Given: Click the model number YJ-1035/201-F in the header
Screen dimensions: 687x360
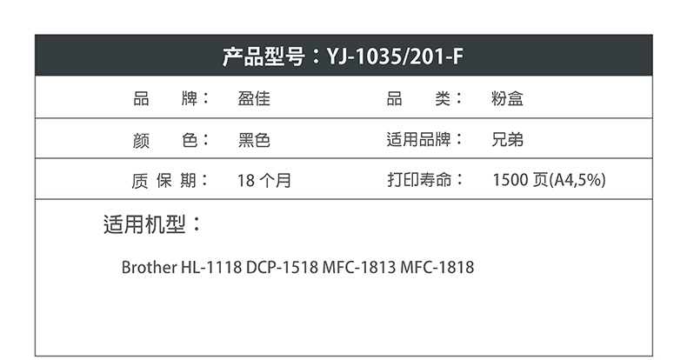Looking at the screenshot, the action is coord(395,57).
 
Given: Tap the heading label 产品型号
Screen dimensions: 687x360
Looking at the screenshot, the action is coord(263,57).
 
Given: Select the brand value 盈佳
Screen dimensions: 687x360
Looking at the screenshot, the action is coord(254,98).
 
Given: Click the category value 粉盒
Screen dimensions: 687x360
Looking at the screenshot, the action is coord(507,98).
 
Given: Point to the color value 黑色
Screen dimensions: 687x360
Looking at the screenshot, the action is coord(254,140).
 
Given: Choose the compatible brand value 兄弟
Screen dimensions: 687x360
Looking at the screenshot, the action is coord(507,140).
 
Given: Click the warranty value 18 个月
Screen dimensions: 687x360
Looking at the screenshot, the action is coord(264,181).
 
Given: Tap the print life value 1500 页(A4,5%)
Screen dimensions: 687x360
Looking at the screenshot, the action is coord(549,180).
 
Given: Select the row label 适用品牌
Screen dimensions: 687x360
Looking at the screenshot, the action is coord(418,140).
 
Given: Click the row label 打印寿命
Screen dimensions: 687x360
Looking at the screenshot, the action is coord(419,179).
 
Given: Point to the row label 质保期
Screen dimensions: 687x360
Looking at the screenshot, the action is coord(163,181).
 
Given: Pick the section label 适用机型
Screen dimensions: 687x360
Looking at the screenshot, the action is coord(144,224).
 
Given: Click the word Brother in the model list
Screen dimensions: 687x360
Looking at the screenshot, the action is coord(149,267).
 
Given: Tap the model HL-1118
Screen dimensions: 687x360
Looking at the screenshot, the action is coord(211,267).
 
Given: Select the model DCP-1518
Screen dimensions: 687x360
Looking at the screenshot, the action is coord(282,267).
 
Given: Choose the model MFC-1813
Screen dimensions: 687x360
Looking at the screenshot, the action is coord(359,267).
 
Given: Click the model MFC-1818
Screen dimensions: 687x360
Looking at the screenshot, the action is coord(437,267).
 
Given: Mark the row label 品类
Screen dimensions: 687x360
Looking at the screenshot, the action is coord(419,98).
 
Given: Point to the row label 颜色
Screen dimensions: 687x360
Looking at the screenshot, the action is coord(164,141).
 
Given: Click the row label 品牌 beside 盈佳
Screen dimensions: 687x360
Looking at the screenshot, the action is coord(165,98).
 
